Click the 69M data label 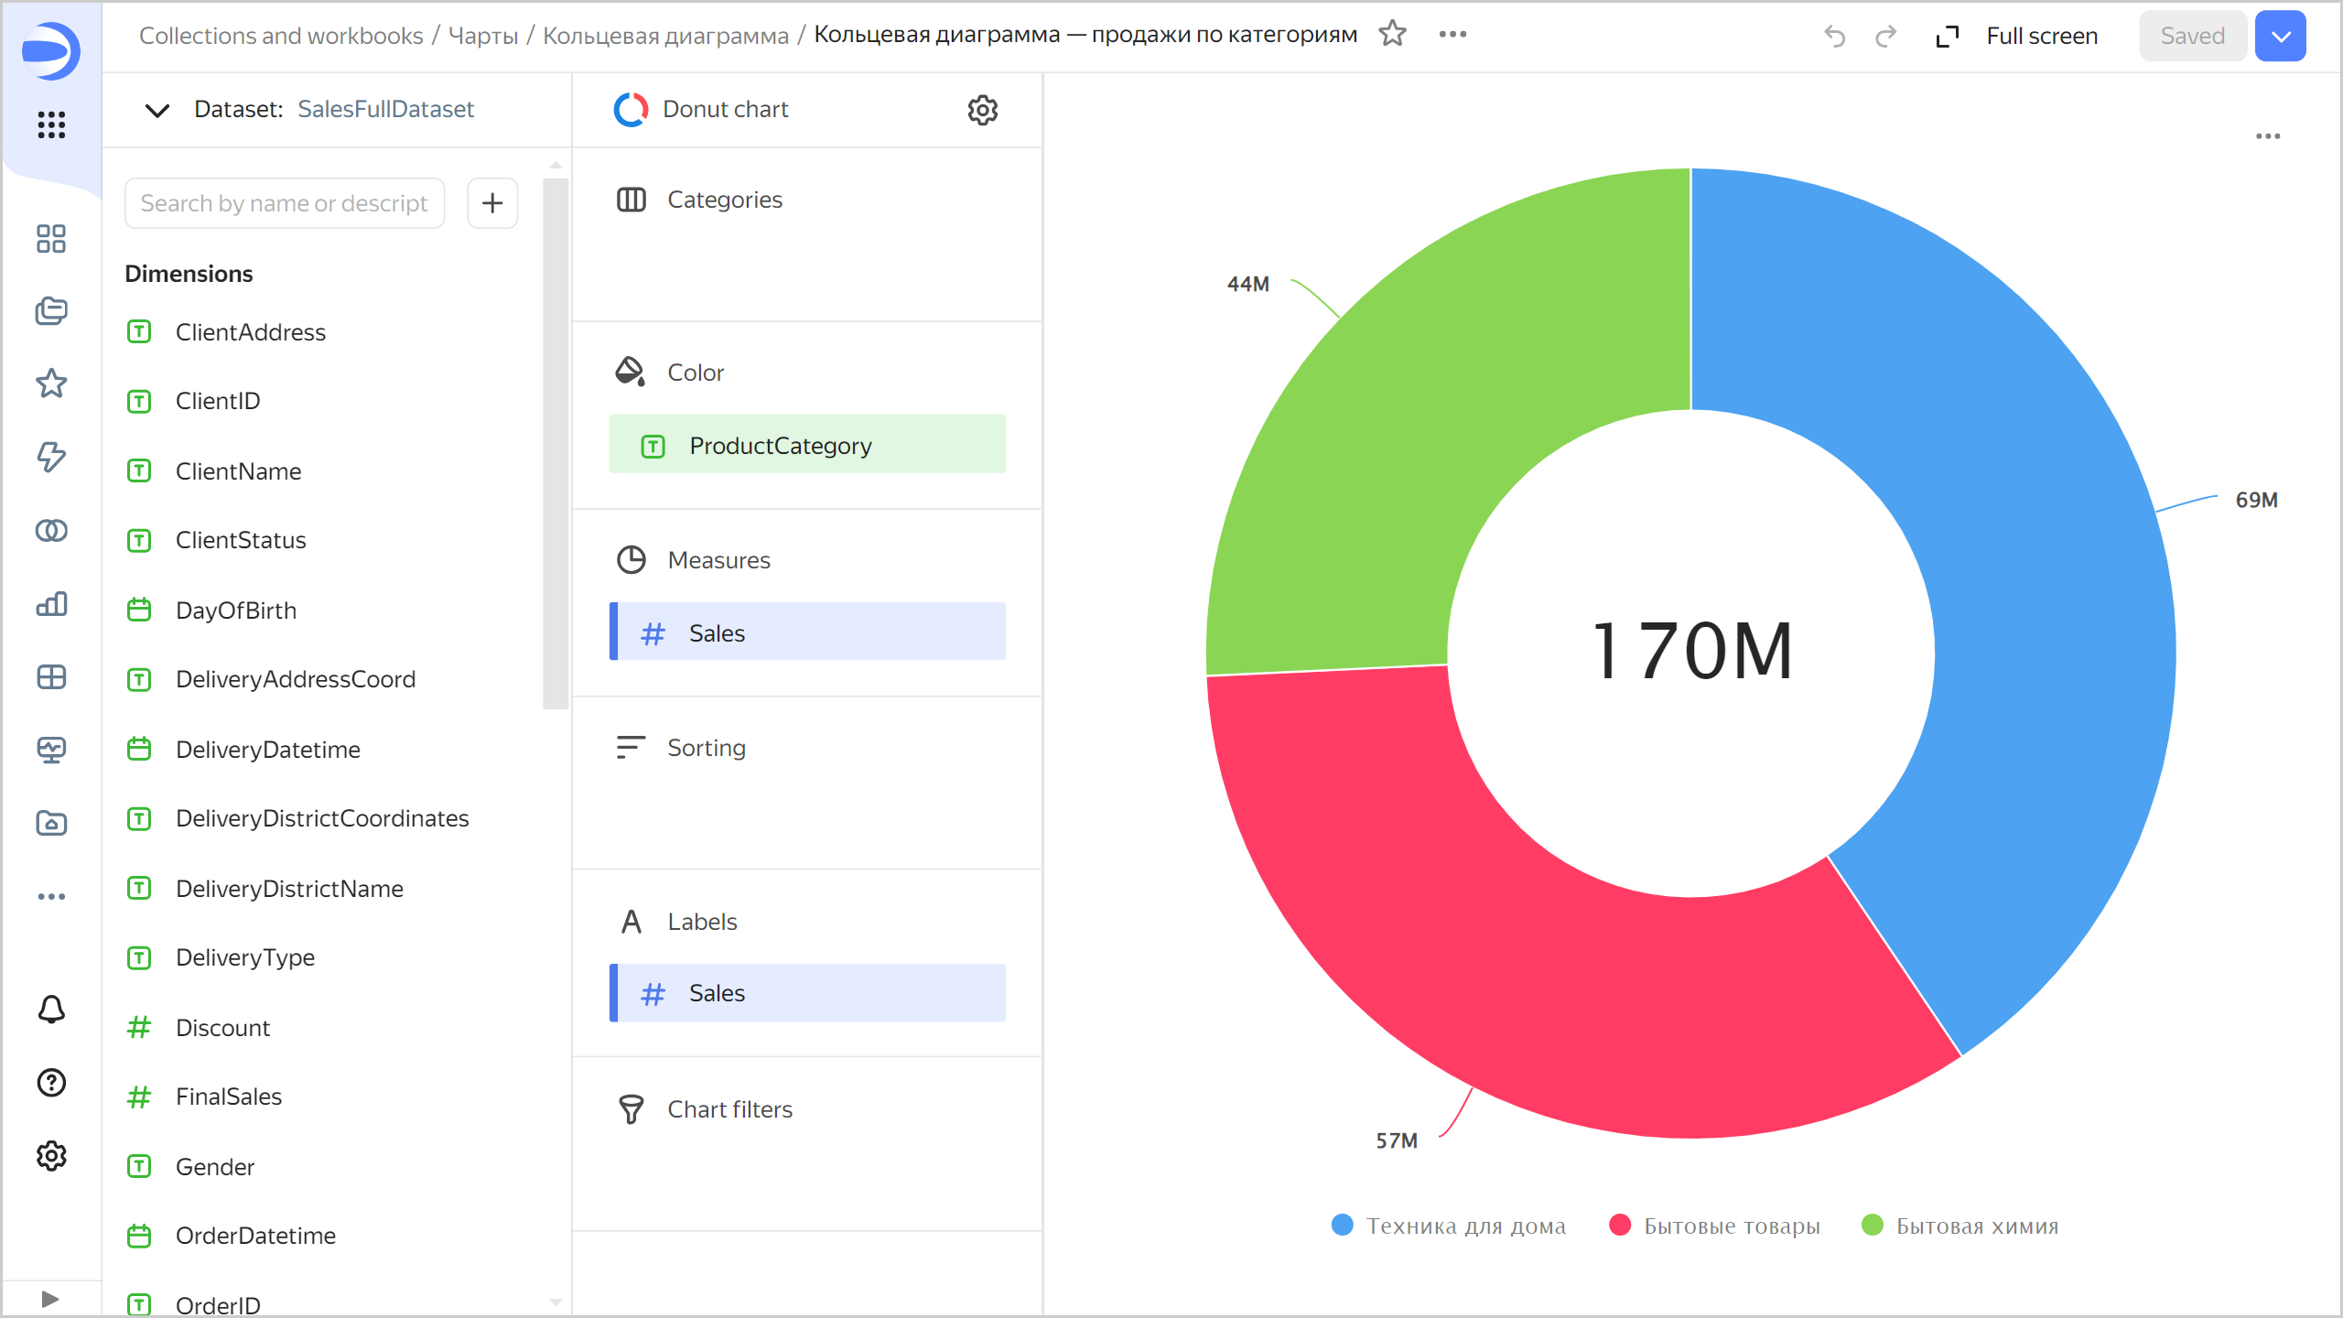[x=2256, y=500]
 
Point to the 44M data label [x=1247, y=284]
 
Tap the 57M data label [x=1397, y=1140]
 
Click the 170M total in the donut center [x=1692, y=651]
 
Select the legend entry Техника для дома [x=1449, y=1226]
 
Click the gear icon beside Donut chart [x=983, y=110]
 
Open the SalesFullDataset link [x=385, y=109]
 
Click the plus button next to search [x=492, y=203]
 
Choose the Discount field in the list [x=222, y=1028]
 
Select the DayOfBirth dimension [x=235, y=610]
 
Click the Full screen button [x=2017, y=36]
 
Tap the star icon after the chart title [x=1392, y=34]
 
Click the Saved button [x=2192, y=36]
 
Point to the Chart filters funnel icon [x=631, y=1109]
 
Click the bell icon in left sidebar [x=51, y=1010]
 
